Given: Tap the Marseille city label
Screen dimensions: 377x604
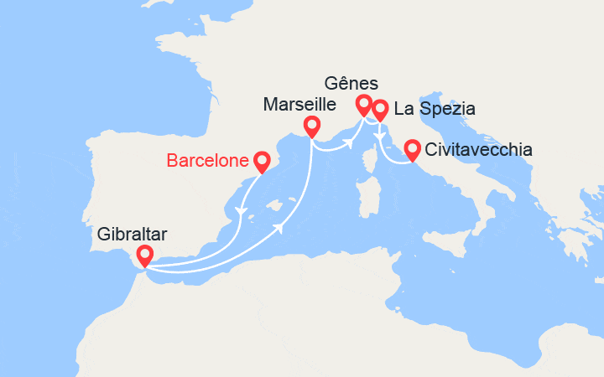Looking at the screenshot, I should (x=299, y=105).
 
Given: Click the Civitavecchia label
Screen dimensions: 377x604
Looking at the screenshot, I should (x=479, y=150).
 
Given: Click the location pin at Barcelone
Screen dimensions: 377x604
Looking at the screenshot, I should (x=261, y=160).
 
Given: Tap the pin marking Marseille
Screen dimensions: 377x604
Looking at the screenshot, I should (x=312, y=126).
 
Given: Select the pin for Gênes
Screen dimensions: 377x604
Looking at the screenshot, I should (x=363, y=105).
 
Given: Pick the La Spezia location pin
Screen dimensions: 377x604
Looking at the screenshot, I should (x=380, y=109).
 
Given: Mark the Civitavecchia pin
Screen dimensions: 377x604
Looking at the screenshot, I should (x=412, y=149).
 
